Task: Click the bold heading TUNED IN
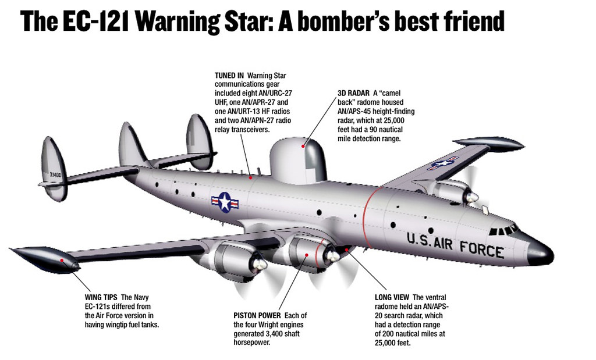click(229, 76)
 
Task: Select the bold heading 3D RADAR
click(353, 93)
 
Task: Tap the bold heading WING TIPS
click(101, 297)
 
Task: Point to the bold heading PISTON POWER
click(257, 316)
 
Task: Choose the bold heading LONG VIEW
click(392, 297)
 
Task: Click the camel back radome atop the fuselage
click(298, 161)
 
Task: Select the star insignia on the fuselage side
click(225, 202)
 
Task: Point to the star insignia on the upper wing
click(443, 163)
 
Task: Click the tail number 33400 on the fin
click(55, 174)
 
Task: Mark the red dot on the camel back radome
click(303, 146)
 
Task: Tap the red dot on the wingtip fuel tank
click(62, 261)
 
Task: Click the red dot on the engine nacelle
click(307, 255)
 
